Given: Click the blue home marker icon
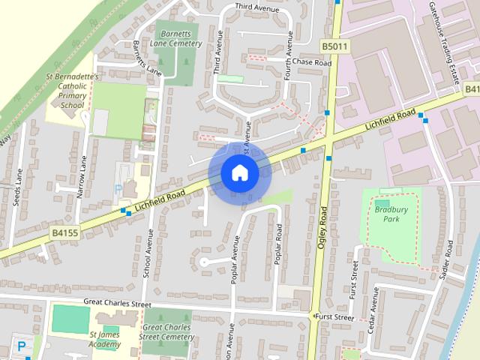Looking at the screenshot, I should point(239,173).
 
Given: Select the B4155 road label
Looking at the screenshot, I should point(65,235).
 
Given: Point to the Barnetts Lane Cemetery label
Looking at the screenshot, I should point(178,38).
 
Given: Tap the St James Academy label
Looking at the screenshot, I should point(104,339).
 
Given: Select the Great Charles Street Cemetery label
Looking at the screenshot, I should point(166,332).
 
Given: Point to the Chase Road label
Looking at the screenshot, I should point(311,62).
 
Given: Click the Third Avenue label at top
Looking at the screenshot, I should point(253,6).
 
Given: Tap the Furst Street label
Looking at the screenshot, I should point(334,317).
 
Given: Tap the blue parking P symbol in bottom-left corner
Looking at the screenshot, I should point(22,346).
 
